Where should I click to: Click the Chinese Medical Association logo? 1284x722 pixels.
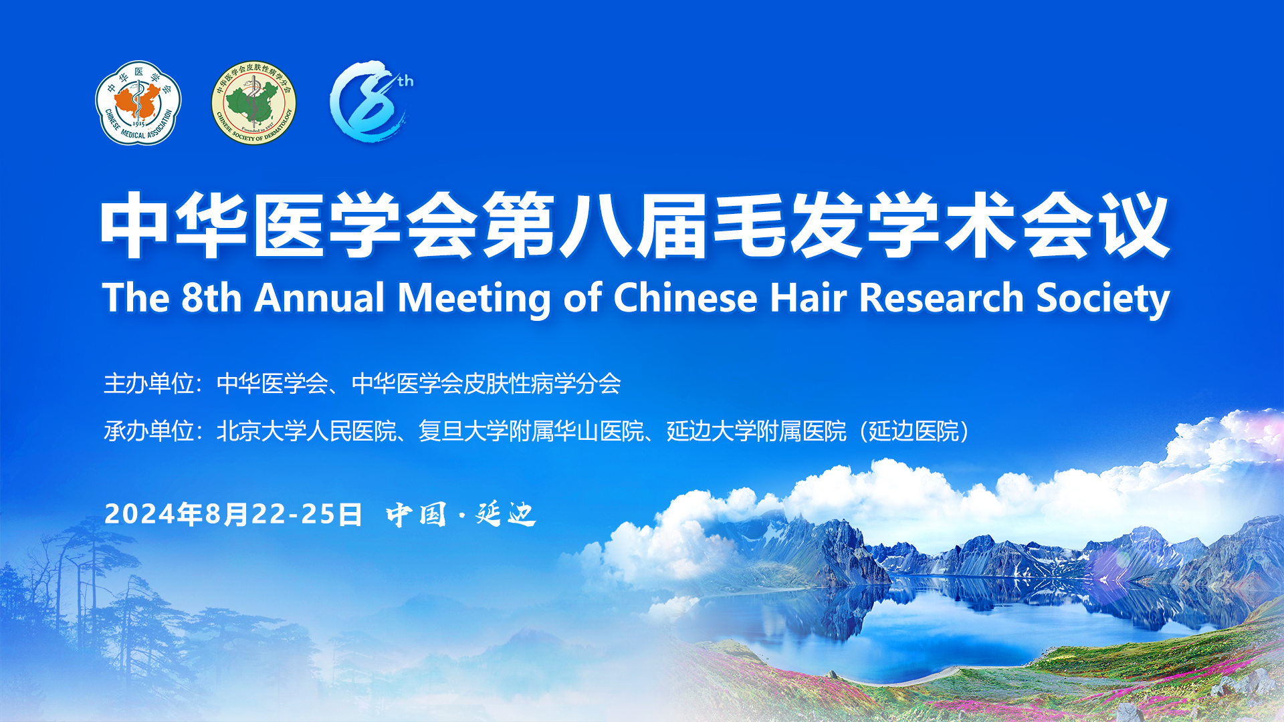138,103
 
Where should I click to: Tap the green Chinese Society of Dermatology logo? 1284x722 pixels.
254,103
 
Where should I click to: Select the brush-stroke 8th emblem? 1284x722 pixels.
371,101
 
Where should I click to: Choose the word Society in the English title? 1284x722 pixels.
1103,299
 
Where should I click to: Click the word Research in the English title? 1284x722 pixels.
941,297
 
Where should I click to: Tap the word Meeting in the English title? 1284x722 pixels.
474,299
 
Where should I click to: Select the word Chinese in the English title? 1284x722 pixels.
685,297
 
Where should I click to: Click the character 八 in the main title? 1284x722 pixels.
595,226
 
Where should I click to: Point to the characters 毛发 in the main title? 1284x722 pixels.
788,226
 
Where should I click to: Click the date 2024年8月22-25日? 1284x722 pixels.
233,514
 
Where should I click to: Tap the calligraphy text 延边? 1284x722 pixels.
506,514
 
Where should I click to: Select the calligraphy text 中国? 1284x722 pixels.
417,514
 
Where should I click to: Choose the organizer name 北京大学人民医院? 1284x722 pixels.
306,431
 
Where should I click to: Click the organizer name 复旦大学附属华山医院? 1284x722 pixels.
531,431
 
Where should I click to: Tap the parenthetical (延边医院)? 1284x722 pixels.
915,431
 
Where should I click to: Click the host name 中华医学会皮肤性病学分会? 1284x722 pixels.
486,384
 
